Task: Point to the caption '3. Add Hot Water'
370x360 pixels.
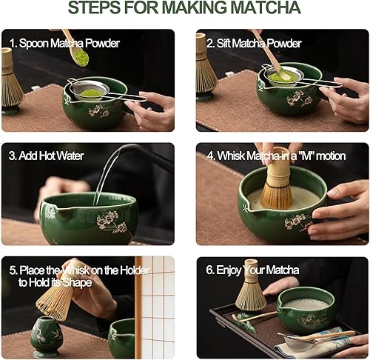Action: (x=47, y=156)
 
